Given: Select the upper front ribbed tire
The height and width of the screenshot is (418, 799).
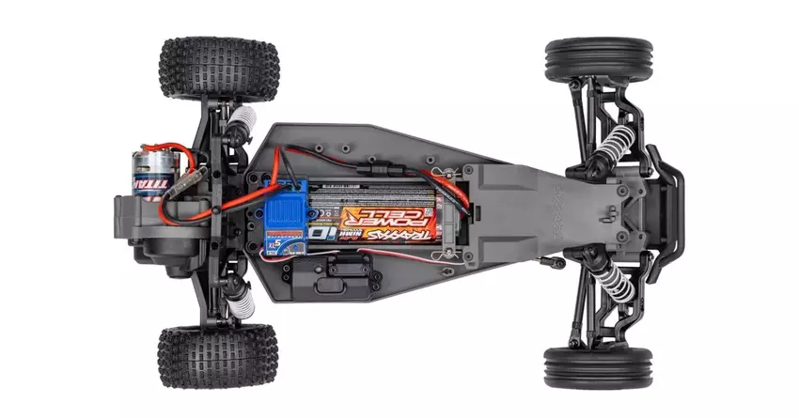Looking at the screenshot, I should (598, 59).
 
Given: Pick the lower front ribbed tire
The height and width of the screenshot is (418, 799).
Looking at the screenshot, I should (598, 365).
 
